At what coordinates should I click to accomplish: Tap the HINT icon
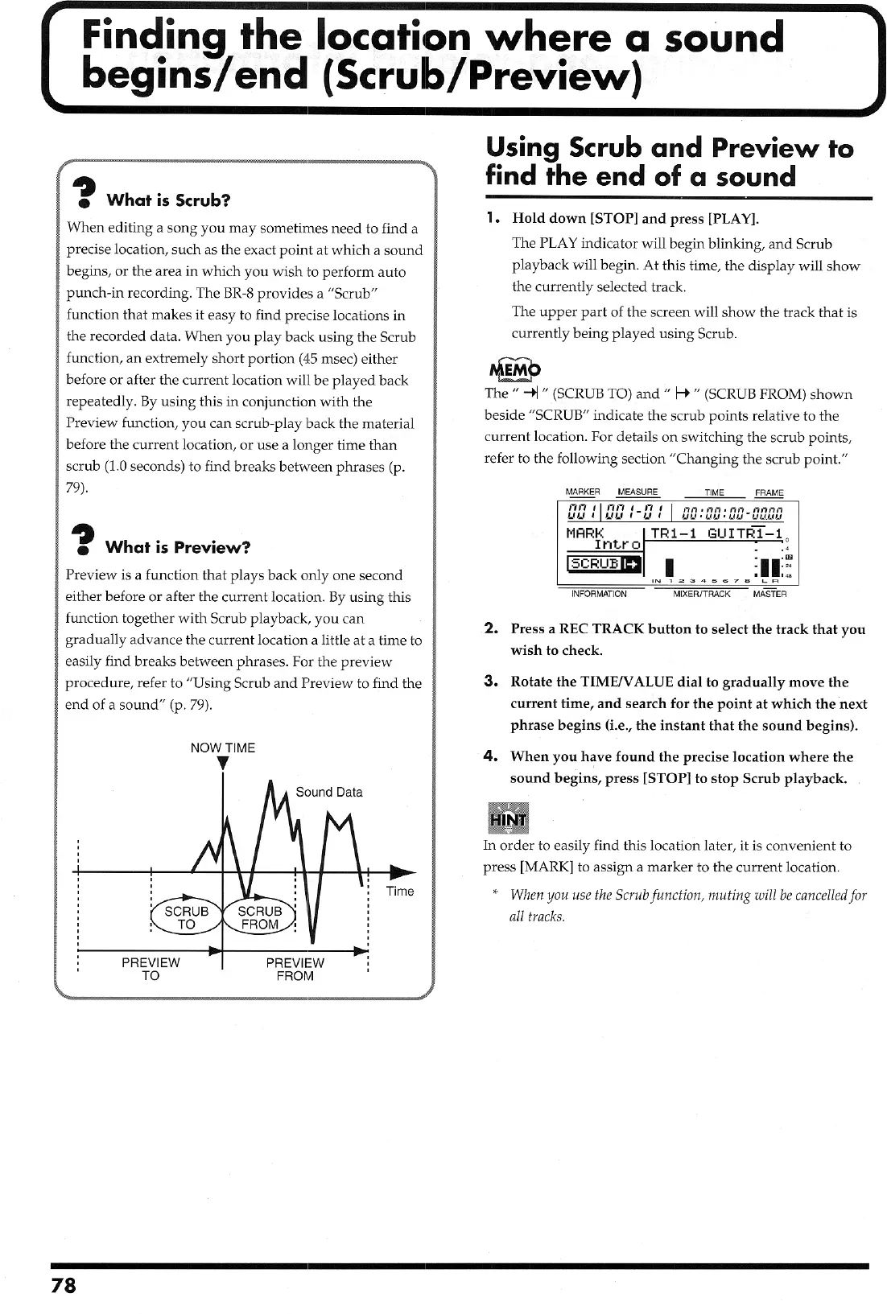(508, 819)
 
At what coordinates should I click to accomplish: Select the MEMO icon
(514, 369)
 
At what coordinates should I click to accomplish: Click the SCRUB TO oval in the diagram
(186, 917)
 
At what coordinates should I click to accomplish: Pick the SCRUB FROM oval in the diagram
(260, 917)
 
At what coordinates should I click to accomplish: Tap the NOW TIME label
(222, 748)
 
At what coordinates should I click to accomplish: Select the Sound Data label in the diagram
(329, 792)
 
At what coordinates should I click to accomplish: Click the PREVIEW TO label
(151, 969)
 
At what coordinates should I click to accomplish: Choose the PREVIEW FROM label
(295, 969)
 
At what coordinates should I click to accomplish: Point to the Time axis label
(400, 891)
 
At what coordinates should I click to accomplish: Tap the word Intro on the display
(617, 545)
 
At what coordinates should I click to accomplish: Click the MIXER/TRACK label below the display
(702, 594)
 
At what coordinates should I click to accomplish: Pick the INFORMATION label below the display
(599, 594)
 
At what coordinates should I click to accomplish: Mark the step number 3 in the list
(489, 682)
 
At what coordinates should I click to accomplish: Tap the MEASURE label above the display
(637, 492)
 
